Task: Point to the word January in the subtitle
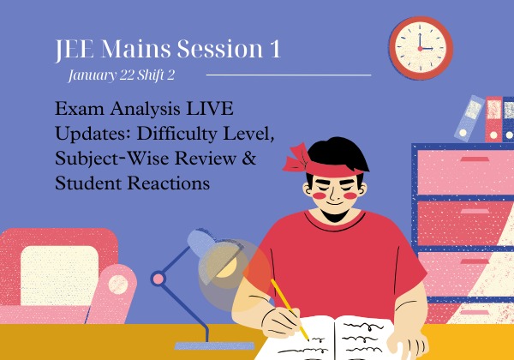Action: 91,75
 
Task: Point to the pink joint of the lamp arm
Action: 158,278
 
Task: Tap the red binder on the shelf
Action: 493,119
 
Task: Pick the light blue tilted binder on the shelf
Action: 470,117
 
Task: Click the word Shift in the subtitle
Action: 153,75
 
